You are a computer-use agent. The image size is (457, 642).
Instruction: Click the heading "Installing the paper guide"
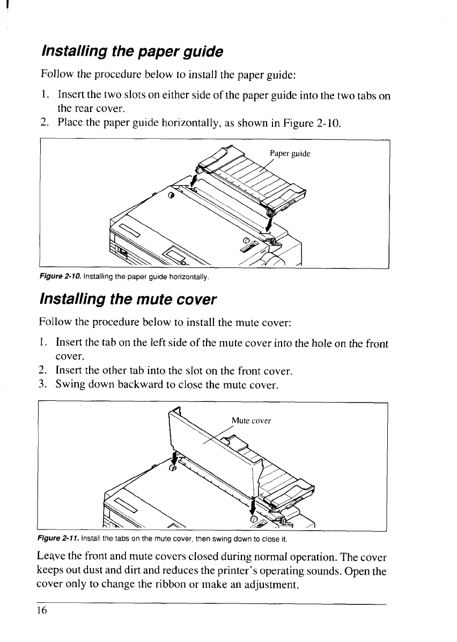(x=131, y=53)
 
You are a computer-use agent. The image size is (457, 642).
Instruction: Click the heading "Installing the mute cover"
(x=128, y=298)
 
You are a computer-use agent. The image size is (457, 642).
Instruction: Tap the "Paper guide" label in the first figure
(x=290, y=153)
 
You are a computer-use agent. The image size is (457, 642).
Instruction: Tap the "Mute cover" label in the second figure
(x=252, y=420)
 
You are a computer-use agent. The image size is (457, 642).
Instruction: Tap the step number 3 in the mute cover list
(x=43, y=385)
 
